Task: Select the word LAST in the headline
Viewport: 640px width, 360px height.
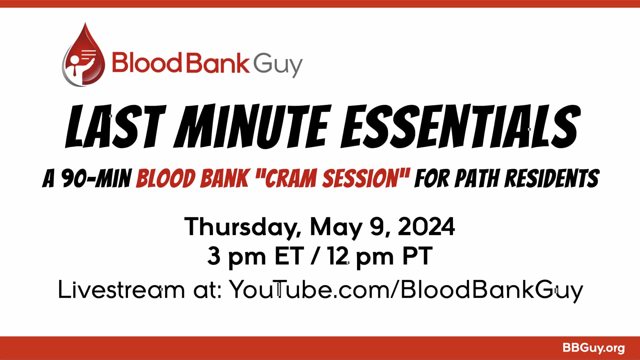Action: (x=115, y=127)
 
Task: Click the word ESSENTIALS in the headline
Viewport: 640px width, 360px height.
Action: (x=460, y=127)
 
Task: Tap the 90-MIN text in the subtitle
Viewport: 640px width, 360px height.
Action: (x=97, y=178)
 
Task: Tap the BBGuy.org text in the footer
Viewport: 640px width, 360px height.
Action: (x=593, y=348)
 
